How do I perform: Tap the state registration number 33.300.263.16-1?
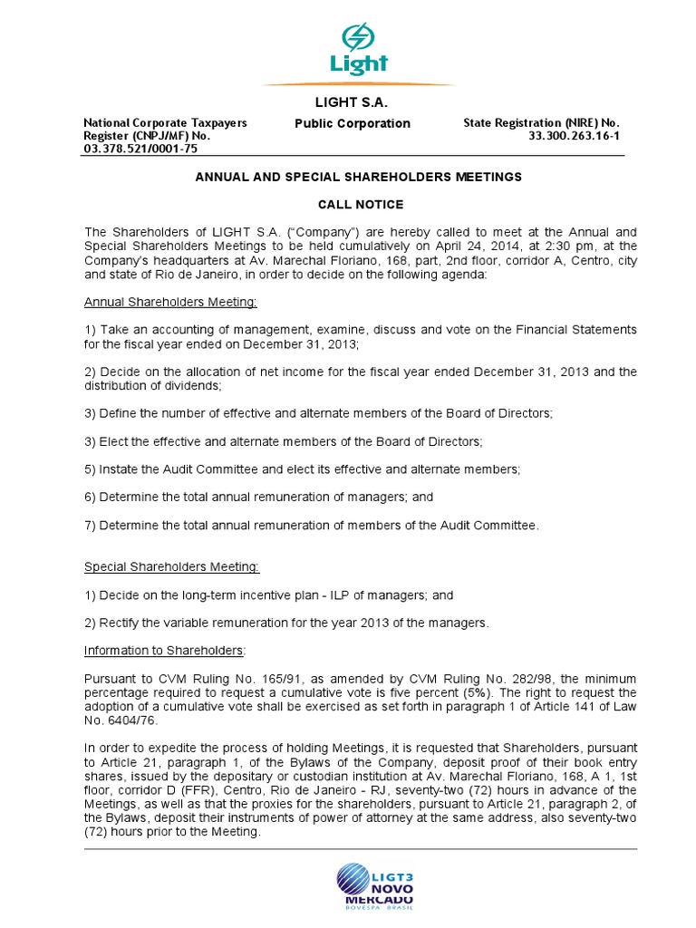point(575,136)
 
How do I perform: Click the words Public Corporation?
point(352,123)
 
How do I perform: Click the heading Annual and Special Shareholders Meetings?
point(360,178)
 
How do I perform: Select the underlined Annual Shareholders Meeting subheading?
point(170,302)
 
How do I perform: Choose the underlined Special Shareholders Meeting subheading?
point(171,567)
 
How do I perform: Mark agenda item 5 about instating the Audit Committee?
point(302,469)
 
